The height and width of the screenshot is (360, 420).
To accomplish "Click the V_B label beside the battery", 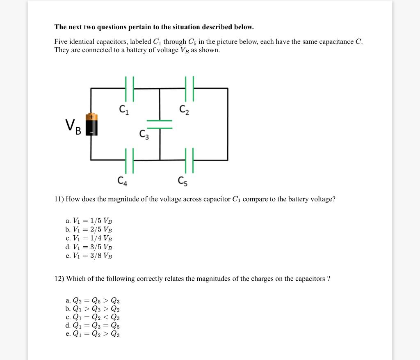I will [x=73, y=126].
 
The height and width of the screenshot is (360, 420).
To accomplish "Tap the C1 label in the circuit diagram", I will [x=124, y=110].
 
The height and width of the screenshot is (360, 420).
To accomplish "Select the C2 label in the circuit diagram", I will [x=184, y=110].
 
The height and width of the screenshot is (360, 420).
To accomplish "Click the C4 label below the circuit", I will [x=122, y=180].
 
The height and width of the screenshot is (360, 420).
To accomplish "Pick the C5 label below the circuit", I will [x=183, y=180].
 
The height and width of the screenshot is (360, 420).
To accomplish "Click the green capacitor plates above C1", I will [x=130, y=88].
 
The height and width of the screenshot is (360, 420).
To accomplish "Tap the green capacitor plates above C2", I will [x=189, y=88].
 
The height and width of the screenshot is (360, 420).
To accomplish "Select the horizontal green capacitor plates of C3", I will [x=160, y=124].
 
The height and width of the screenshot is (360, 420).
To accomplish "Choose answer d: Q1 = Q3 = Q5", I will [x=92, y=326].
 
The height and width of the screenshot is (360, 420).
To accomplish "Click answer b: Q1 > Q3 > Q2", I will [x=92, y=309].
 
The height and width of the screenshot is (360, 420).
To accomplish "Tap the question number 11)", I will [x=59, y=199].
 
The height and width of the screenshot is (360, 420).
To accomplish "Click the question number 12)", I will [x=59, y=279].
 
